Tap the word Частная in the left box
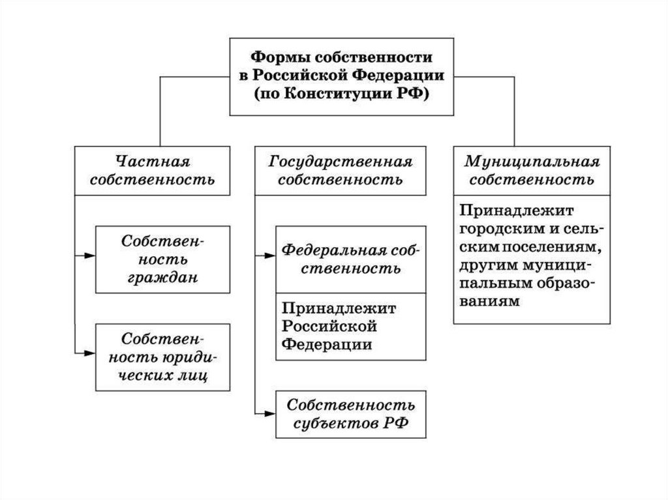click(x=153, y=160)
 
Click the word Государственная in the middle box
click(x=341, y=160)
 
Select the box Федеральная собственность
click(x=351, y=259)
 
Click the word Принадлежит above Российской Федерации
click(x=339, y=308)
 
